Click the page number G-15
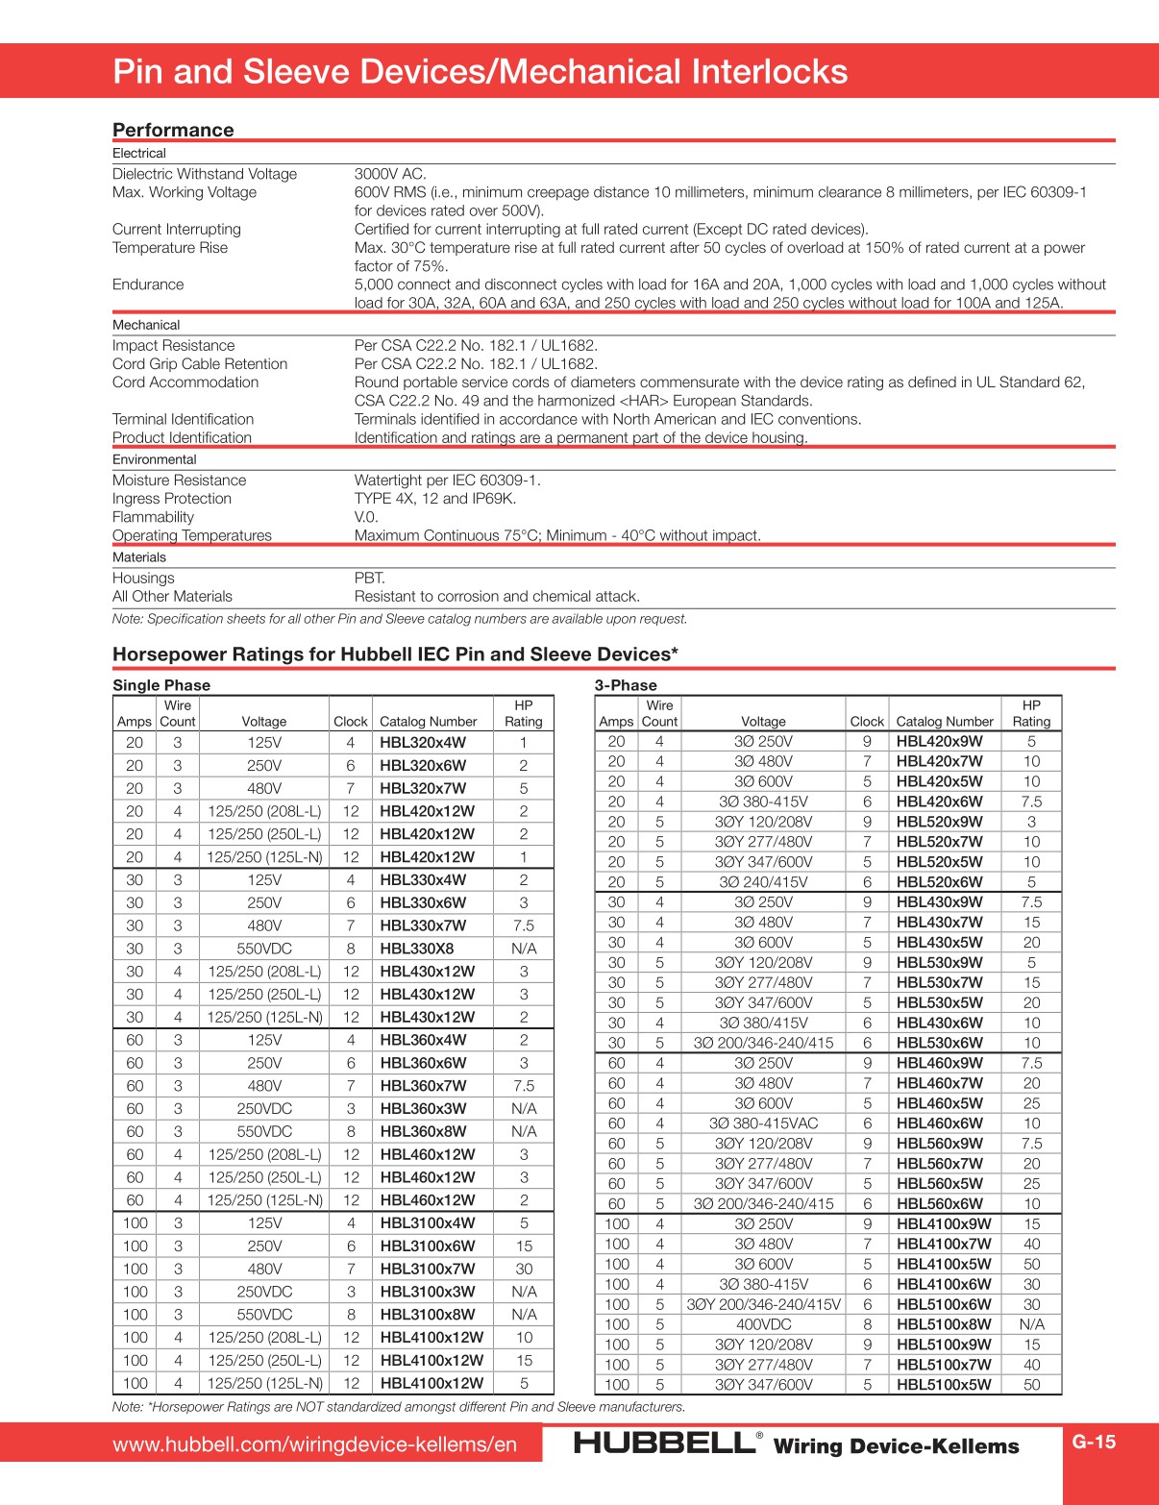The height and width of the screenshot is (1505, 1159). click(x=1094, y=1442)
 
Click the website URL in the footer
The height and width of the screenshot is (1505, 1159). click(x=314, y=1444)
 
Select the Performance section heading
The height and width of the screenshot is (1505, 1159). click(x=173, y=130)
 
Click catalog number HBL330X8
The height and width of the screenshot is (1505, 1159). click(x=416, y=949)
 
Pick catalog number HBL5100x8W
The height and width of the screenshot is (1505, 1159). click(x=943, y=1324)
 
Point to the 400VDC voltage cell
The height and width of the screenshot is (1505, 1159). click(x=763, y=1324)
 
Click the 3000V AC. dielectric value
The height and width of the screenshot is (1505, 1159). click(x=390, y=174)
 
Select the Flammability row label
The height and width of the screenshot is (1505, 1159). click(x=153, y=517)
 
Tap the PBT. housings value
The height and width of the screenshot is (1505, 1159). click(x=370, y=579)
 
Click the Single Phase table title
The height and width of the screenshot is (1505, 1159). click(x=161, y=685)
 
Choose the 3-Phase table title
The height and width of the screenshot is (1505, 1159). click(x=626, y=685)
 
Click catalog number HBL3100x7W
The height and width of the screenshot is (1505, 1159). click(x=427, y=1269)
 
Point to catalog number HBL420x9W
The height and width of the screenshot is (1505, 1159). click(x=939, y=741)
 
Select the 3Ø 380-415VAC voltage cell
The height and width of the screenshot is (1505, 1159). click(x=763, y=1123)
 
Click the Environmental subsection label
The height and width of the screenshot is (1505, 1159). click(x=154, y=459)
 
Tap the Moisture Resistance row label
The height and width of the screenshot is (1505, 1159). click(x=179, y=481)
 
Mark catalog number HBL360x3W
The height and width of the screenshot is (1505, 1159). click(x=423, y=1109)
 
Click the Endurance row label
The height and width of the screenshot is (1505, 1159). click(x=148, y=284)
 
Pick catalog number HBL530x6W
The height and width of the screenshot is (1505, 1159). click(x=939, y=1043)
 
